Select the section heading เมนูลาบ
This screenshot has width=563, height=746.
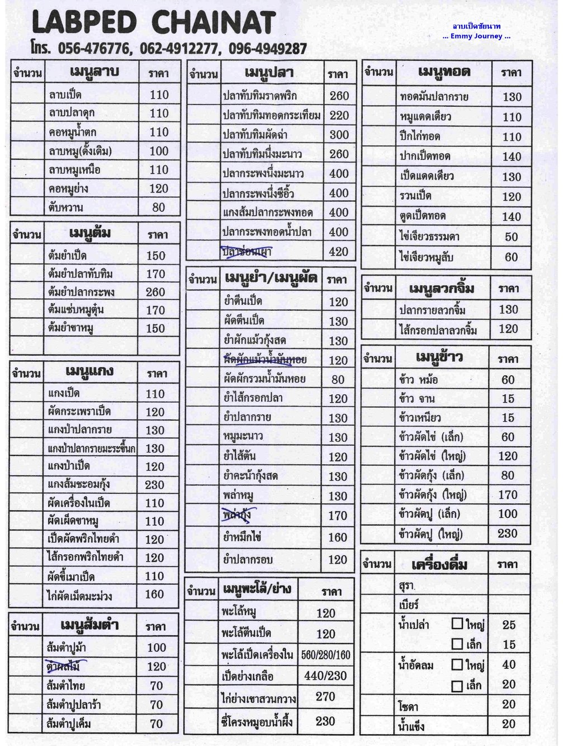[94, 73]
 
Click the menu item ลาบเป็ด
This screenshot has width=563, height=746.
[65, 95]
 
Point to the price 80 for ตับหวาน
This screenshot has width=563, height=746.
[159, 207]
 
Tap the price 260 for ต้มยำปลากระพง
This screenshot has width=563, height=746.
[155, 292]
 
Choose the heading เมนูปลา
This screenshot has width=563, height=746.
[269, 73]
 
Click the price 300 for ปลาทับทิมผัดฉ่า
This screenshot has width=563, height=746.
[339, 134]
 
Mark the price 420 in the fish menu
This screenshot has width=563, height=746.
[339, 252]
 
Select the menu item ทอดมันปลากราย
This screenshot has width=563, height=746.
[434, 97]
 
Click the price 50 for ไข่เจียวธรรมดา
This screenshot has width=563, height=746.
[511, 237]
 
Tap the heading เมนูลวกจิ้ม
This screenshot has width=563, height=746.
[442, 289]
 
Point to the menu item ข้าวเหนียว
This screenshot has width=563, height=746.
[420, 418]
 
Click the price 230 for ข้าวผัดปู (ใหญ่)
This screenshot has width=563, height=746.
[508, 533]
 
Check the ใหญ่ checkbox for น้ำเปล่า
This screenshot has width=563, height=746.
[457, 624]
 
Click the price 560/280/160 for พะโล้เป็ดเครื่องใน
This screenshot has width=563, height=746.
[326, 655]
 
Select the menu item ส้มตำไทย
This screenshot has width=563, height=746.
[66, 686]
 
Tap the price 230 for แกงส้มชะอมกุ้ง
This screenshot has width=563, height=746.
[155, 485]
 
